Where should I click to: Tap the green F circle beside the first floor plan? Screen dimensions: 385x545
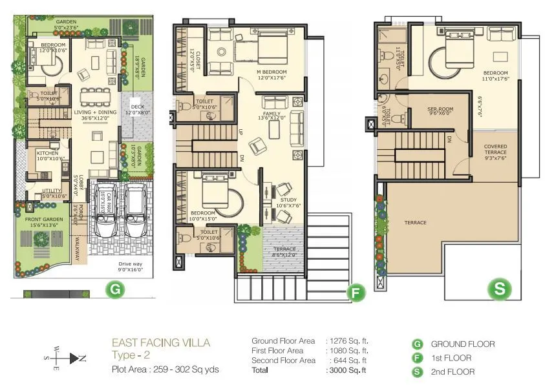click(355, 293)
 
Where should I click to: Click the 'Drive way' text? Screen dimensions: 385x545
click(131, 264)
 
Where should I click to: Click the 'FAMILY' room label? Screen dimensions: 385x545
click(272, 114)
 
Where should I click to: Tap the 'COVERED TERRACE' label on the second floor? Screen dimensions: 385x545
click(495, 150)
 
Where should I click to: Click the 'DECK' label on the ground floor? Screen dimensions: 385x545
click(137, 107)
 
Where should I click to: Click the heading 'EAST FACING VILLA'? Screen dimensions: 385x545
click(161, 342)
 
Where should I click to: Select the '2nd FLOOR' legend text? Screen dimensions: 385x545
click(453, 371)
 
